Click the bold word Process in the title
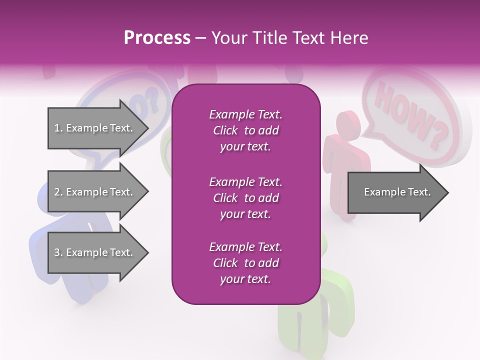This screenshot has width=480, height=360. pos(157,38)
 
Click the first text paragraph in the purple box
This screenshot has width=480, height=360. pos(245,130)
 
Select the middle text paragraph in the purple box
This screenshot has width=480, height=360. pos(245,198)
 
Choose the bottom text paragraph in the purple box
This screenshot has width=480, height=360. pos(245,263)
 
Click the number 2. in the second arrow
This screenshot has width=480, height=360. pos(58,192)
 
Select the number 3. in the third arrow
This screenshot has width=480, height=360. pos(58,252)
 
